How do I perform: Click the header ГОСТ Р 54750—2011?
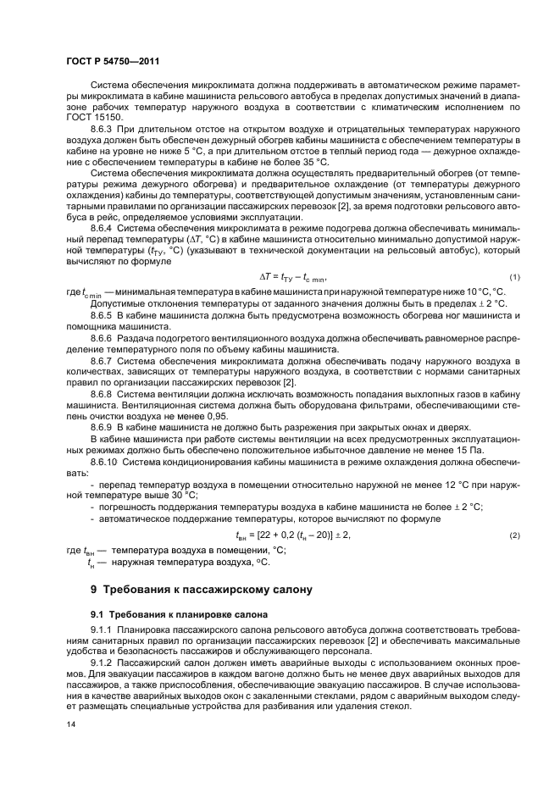click(x=113, y=62)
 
